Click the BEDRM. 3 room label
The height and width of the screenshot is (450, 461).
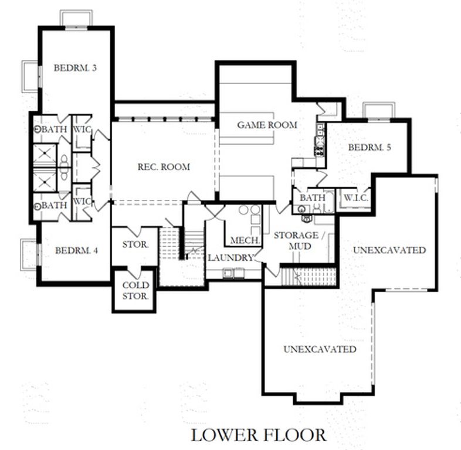click(x=75, y=67)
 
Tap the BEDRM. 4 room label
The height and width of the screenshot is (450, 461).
click(x=76, y=250)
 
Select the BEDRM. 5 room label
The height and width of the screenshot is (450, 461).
click(x=369, y=147)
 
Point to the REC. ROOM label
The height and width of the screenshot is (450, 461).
click(x=164, y=167)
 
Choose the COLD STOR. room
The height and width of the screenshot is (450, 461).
click(x=135, y=291)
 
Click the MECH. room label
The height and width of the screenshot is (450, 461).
click(x=241, y=240)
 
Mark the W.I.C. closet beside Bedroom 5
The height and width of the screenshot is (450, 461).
click(x=355, y=198)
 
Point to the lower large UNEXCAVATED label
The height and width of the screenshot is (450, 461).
click(x=320, y=349)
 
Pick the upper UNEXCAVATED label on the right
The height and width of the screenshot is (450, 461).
click(x=389, y=250)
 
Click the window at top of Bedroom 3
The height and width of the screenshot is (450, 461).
click(x=76, y=18)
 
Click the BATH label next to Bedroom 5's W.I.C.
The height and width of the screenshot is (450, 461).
click(x=312, y=198)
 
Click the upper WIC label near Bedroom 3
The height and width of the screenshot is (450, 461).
click(x=83, y=129)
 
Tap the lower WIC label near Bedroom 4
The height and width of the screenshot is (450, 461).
click(x=83, y=202)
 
